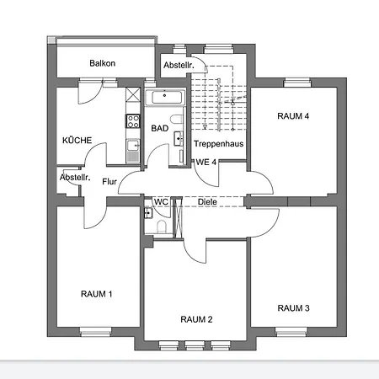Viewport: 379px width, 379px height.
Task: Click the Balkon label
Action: (x=102, y=63)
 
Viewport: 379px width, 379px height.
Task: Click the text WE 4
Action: (x=206, y=161)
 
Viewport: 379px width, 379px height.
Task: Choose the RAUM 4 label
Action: (x=294, y=115)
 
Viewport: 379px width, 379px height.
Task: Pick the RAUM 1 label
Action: (x=97, y=294)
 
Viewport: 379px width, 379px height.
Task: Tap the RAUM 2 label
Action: (x=196, y=319)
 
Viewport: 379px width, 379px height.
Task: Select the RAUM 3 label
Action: (x=294, y=309)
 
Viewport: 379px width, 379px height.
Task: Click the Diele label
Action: (x=207, y=202)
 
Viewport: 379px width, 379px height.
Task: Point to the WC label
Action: (x=160, y=202)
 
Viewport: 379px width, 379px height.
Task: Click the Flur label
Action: (x=109, y=181)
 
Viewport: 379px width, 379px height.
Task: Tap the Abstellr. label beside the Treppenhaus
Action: (x=179, y=64)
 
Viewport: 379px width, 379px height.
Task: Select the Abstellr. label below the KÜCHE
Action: (x=73, y=177)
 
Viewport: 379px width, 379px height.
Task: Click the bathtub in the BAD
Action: (x=166, y=98)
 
